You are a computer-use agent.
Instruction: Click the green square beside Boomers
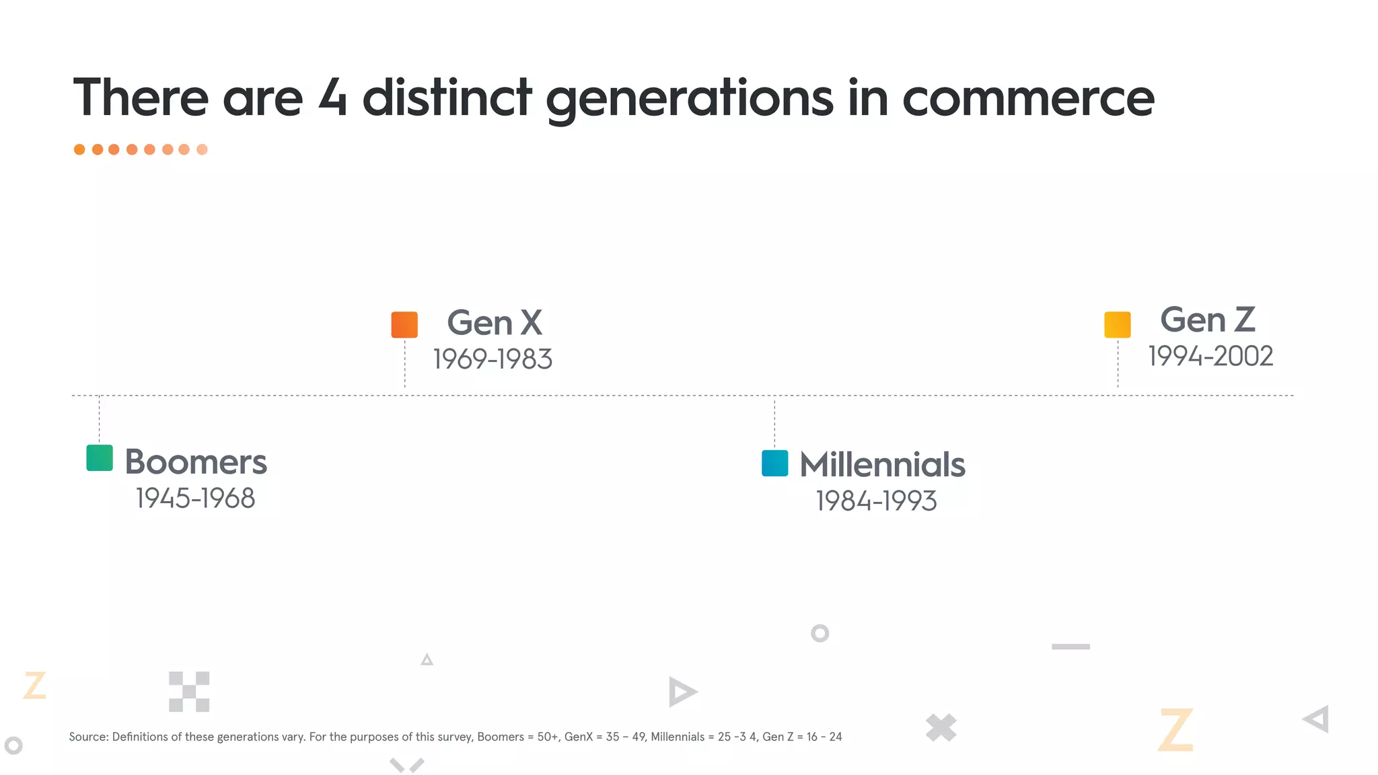click(100, 458)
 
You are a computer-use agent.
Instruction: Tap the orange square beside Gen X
click(404, 324)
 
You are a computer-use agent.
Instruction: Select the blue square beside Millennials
click(774, 463)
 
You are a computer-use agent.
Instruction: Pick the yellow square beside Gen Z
click(1117, 324)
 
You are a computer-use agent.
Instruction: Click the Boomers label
click(196, 462)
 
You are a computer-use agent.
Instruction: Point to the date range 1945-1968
click(195, 499)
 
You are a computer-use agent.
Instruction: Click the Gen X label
click(495, 323)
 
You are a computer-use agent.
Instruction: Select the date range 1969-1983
click(493, 359)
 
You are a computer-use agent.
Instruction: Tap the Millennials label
click(882, 465)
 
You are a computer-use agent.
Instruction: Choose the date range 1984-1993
click(876, 501)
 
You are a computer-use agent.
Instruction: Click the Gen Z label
click(1208, 320)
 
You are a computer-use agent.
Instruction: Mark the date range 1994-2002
click(1210, 357)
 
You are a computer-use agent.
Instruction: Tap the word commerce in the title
click(1027, 98)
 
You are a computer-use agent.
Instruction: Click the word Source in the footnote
click(88, 737)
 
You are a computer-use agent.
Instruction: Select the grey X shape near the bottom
click(941, 727)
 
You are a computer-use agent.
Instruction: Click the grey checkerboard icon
click(189, 692)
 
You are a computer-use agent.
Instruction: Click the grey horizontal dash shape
click(1071, 647)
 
